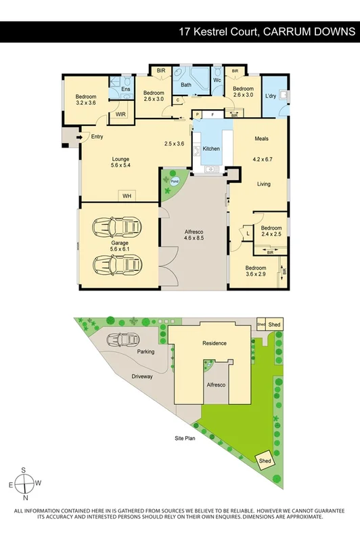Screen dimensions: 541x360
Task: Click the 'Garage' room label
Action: click(120, 242)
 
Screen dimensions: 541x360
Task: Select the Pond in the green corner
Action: click(175, 181)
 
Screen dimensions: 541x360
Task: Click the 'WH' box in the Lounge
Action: click(126, 196)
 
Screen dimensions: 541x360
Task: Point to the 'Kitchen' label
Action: click(211, 148)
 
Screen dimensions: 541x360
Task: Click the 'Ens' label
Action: click(125, 89)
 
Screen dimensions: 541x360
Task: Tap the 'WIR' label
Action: click(121, 115)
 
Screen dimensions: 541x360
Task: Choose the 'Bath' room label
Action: click(186, 85)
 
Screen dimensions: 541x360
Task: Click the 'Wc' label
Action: click(217, 80)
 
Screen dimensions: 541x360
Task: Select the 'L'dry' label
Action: click(270, 95)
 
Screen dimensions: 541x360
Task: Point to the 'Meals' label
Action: click(261, 139)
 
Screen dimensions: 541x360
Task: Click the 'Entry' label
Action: click(97, 137)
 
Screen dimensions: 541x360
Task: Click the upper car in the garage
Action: click(119, 225)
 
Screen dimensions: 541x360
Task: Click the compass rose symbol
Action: click(25, 483)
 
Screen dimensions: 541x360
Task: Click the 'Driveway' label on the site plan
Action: click(142, 376)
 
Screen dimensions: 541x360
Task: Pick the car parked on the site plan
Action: click(123, 340)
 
